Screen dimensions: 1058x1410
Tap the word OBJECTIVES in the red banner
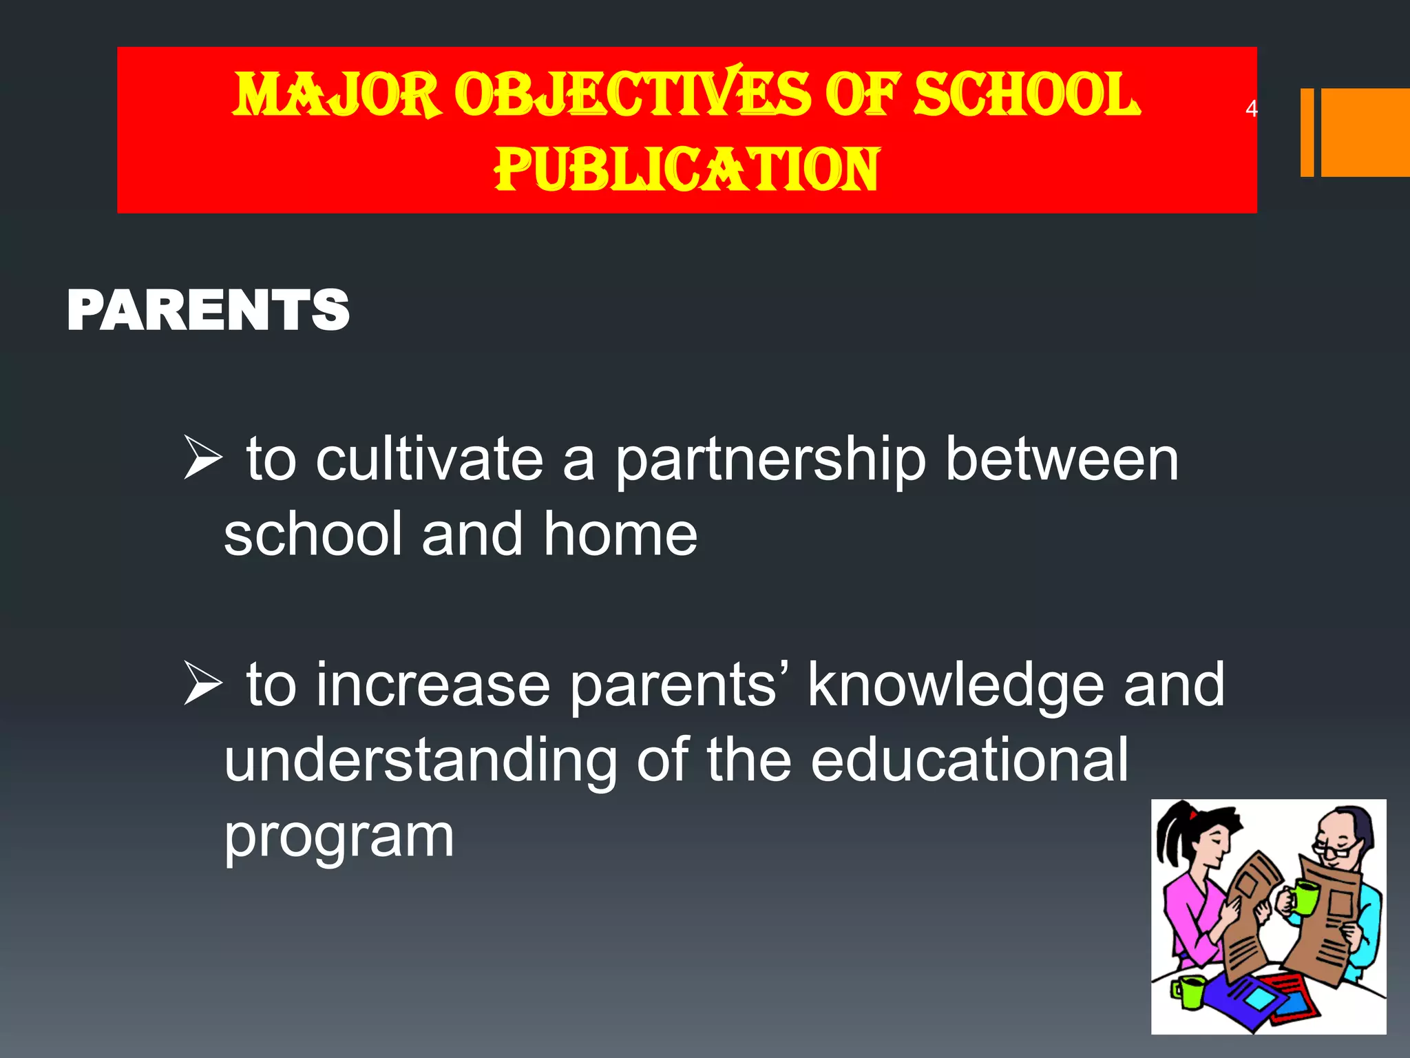[633, 94]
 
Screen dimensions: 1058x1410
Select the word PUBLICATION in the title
[687, 169]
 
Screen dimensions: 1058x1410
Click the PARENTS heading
[208, 311]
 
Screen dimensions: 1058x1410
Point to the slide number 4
[1251, 108]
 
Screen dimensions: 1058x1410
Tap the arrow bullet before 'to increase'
[202, 685]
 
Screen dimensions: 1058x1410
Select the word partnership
[770, 462]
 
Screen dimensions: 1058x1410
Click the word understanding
[421, 762]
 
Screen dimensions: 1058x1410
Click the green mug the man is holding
[1301, 897]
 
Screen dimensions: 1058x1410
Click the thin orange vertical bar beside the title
[1307, 132]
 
